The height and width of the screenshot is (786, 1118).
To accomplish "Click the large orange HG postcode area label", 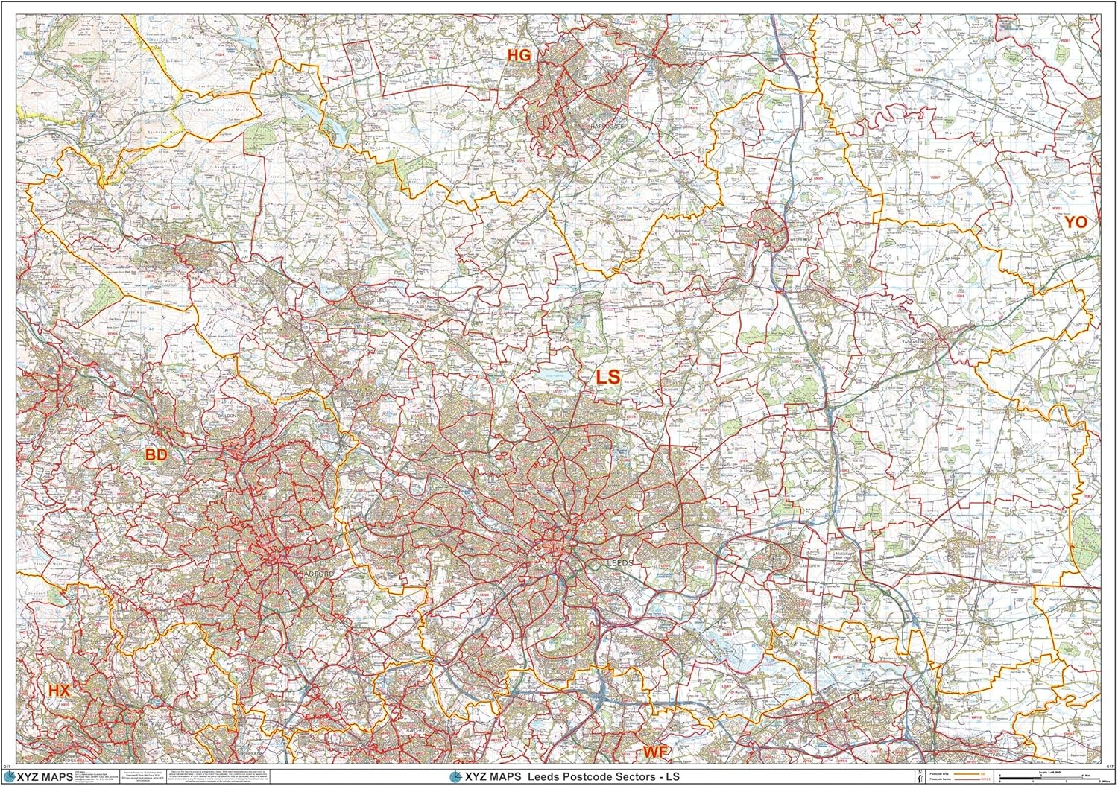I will [519, 55].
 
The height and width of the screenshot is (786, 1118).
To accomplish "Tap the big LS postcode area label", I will [607, 377].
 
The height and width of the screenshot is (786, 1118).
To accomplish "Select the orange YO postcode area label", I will [1076, 222].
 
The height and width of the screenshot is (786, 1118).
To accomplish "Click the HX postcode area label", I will [59, 691].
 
